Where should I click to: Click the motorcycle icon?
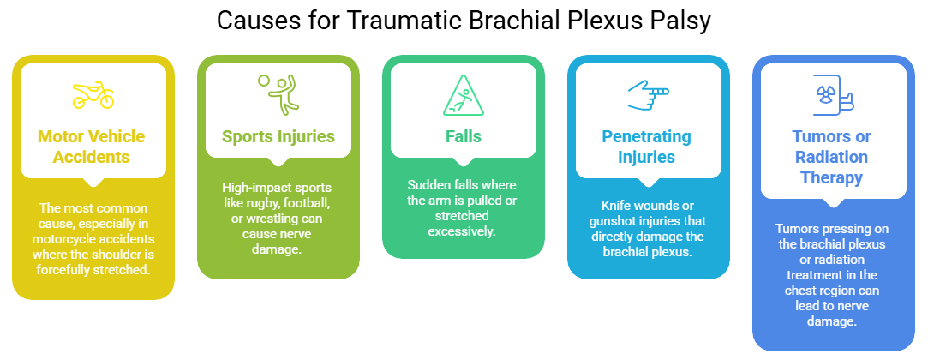click(93, 95)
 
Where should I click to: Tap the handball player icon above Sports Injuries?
click(278, 93)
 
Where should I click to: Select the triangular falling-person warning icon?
click(463, 95)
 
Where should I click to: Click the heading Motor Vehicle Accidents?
click(91, 147)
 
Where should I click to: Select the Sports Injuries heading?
click(278, 136)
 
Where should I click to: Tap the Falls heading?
click(463, 136)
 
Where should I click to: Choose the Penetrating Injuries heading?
click(649, 147)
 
